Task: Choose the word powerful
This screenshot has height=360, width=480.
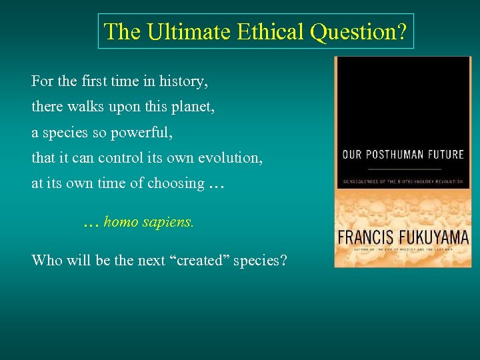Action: click(x=143, y=133)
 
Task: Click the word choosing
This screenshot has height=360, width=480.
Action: click(x=177, y=184)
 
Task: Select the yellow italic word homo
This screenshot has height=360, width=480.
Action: click(x=121, y=222)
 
